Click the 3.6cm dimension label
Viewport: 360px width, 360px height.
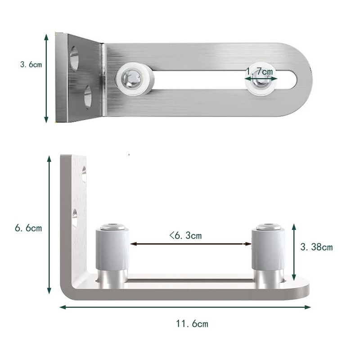[x=31, y=64]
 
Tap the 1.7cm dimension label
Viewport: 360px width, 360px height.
[x=260, y=71]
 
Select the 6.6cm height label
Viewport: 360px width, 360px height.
[x=28, y=228]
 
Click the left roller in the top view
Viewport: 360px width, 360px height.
[x=134, y=80]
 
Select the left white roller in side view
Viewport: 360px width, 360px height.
[x=112, y=250]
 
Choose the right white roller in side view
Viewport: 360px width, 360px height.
[x=268, y=250]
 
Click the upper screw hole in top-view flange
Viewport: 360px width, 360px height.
[x=74, y=57]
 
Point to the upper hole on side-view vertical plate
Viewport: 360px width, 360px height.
[x=84, y=174]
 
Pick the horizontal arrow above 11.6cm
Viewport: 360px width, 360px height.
[x=185, y=307]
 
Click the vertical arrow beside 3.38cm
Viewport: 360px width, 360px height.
[x=294, y=252]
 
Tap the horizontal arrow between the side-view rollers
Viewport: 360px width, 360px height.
[x=191, y=244]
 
